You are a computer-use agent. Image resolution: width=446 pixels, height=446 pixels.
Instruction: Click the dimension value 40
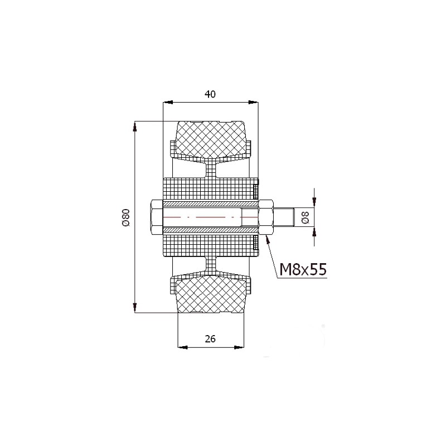pyautogui.click(x=210, y=94)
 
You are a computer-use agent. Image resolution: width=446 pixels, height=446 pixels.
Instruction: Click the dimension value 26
pyautogui.click(x=210, y=339)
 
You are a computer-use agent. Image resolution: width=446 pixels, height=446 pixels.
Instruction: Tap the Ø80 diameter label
pyautogui.click(x=126, y=217)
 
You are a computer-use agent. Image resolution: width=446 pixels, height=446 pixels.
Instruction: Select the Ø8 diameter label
pyautogui.click(x=306, y=217)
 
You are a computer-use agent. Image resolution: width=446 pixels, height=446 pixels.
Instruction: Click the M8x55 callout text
pyautogui.click(x=303, y=269)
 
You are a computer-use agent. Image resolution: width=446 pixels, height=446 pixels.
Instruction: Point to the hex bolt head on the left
pyautogui.click(x=156, y=217)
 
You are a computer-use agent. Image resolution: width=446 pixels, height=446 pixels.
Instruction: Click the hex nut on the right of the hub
pyautogui.click(x=266, y=217)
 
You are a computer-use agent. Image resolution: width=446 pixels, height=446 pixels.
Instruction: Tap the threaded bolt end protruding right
pyautogui.click(x=283, y=217)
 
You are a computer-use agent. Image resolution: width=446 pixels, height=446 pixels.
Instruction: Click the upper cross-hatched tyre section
pyautogui.click(x=211, y=139)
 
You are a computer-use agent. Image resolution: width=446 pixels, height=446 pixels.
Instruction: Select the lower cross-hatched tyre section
pyautogui.click(x=211, y=295)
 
